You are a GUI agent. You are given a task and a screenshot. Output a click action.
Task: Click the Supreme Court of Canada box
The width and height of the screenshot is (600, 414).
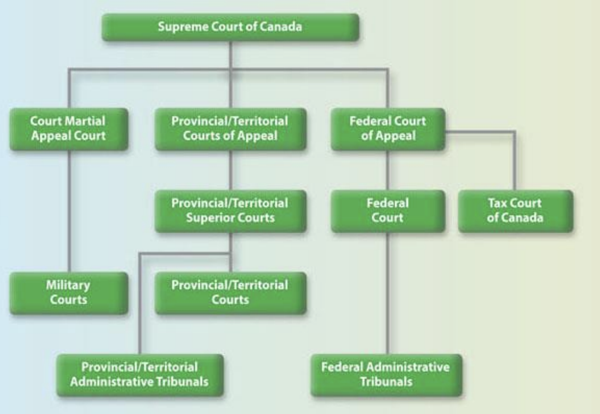coord(230,27)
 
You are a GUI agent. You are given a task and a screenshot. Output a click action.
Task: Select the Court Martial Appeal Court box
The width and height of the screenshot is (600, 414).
coord(69,129)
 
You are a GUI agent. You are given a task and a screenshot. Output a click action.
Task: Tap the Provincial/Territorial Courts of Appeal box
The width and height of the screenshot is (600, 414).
coord(230,129)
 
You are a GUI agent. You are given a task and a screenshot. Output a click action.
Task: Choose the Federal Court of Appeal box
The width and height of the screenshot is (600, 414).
coord(387,129)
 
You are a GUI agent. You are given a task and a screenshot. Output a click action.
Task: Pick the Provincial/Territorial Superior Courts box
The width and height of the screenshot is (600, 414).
coord(230,211)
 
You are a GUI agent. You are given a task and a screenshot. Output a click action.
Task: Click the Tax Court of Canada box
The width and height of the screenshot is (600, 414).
coord(515,211)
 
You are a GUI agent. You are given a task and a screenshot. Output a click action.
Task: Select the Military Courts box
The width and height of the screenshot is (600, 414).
coord(69,292)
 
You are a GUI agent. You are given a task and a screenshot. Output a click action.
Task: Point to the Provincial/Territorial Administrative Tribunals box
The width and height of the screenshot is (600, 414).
coord(140,375)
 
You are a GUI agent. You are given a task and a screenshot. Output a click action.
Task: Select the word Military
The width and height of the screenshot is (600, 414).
coord(68,285)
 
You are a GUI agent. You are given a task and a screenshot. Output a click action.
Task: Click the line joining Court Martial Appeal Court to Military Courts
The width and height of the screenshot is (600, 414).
coord(69,213)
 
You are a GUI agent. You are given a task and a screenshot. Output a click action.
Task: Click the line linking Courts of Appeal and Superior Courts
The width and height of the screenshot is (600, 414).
coord(230,170)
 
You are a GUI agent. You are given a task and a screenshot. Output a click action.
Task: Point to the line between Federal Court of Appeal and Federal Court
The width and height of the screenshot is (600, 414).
coord(387,170)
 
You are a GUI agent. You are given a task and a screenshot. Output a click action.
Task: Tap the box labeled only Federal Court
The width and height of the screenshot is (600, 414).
coord(387,211)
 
